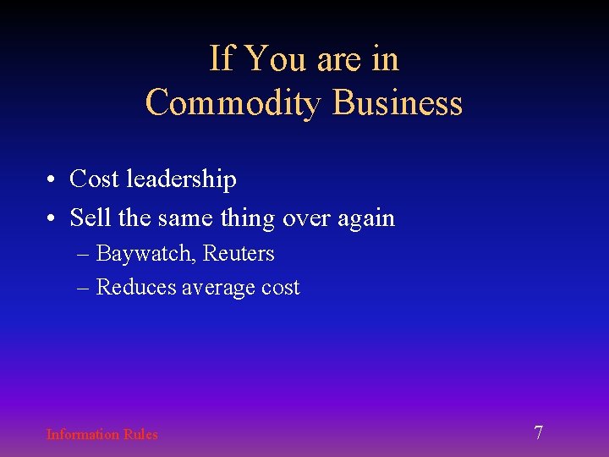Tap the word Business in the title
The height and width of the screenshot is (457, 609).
[x=398, y=103]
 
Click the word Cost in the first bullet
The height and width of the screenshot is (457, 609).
[x=94, y=179]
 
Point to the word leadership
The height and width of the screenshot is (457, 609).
[x=181, y=179]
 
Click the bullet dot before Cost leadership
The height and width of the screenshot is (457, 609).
[x=52, y=180]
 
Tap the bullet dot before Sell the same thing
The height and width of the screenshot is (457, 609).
[x=52, y=219]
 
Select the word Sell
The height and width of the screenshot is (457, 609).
[x=88, y=218]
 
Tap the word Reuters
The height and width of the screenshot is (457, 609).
[x=239, y=253]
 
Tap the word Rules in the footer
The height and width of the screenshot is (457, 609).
[x=140, y=434]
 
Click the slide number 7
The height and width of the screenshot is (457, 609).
[x=539, y=433]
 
